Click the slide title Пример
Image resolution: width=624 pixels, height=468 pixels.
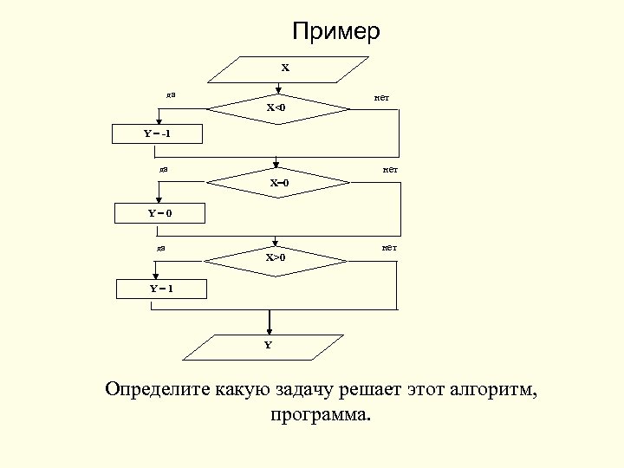click(x=336, y=32)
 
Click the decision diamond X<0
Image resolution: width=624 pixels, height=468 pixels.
click(x=277, y=108)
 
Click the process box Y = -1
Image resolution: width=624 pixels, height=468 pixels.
click(x=159, y=133)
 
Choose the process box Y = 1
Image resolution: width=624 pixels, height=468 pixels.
click(x=161, y=289)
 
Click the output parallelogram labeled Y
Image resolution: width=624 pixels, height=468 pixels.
click(x=268, y=346)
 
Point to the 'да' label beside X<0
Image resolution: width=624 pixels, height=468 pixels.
click(x=171, y=94)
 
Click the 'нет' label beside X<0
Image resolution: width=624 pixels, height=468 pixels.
click(x=381, y=97)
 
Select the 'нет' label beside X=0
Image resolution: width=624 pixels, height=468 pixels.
click(x=390, y=170)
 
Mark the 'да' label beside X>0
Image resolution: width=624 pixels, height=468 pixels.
click(x=161, y=248)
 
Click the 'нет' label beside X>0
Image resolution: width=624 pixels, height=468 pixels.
click(x=389, y=248)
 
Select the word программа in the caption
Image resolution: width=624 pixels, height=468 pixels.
click(x=320, y=416)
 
